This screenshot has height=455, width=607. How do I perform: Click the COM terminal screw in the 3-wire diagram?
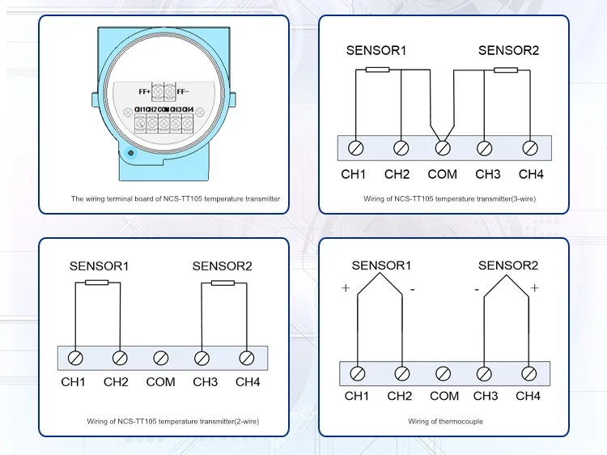[x=442, y=148]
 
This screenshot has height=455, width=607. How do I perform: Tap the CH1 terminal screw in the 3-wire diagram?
[x=354, y=148]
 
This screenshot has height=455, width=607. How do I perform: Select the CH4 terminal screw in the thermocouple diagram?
[x=528, y=373]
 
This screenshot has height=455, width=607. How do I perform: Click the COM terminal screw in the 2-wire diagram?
[x=161, y=357]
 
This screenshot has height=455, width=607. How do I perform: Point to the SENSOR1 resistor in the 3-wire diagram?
[x=377, y=70]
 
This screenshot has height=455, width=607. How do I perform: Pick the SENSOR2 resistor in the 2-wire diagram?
[x=223, y=283]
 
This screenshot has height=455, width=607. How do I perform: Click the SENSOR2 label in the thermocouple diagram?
[x=508, y=265]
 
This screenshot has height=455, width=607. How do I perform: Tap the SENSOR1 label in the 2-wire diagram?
[x=100, y=265]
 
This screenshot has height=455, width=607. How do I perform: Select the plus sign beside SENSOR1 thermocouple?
[x=346, y=288]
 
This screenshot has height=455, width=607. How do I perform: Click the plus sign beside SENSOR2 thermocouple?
[x=535, y=288]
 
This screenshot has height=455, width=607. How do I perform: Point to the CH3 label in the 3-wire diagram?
[x=488, y=174]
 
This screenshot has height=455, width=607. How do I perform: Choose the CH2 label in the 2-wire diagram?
[x=116, y=381]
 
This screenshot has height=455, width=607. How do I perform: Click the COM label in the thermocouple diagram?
[x=444, y=396]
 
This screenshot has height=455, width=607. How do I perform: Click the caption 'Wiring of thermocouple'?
[x=445, y=421]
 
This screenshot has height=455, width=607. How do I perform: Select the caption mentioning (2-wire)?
[x=173, y=421]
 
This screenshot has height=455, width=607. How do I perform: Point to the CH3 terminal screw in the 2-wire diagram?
[x=200, y=357]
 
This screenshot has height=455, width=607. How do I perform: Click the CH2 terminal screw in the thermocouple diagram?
[x=401, y=373]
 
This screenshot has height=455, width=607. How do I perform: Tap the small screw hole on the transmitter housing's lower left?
[x=131, y=152]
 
